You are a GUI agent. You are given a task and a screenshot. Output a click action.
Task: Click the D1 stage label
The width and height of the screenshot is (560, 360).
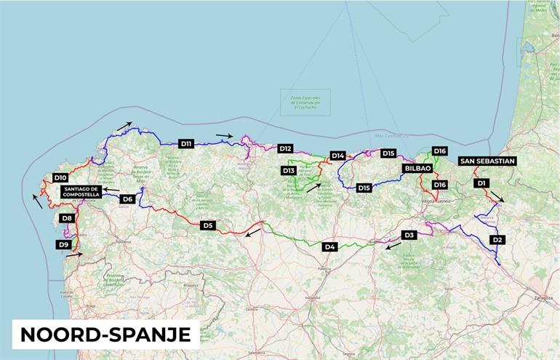(480, 183)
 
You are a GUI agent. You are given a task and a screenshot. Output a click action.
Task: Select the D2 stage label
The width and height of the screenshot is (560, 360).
(497, 239)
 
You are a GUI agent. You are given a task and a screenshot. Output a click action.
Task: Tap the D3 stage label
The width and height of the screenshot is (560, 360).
(409, 235)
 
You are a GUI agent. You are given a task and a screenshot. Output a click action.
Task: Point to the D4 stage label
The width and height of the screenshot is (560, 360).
(330, 247)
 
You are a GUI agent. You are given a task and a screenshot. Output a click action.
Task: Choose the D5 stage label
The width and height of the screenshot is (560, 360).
(208, 225)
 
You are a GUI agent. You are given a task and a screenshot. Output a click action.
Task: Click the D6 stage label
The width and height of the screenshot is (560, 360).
(127, 199)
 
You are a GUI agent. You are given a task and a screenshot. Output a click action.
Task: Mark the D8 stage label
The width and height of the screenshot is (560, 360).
(67, 218)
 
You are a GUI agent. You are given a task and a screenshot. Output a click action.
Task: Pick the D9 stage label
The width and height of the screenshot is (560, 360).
(64, 245)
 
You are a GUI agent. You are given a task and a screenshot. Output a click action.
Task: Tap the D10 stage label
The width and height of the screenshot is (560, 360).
(60, 177)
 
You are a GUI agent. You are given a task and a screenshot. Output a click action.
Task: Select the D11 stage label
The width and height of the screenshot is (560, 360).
(186, 144)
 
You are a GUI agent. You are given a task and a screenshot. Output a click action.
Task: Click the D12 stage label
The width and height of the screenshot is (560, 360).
(285, 148)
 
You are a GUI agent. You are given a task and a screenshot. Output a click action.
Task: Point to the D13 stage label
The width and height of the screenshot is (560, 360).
(289, 170)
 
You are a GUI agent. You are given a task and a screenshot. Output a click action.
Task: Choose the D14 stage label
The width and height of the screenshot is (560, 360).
(337, 156)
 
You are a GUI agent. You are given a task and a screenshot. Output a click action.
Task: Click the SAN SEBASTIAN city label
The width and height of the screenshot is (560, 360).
(487, 161)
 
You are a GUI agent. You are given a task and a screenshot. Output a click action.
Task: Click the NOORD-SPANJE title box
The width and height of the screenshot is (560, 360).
(105, 334)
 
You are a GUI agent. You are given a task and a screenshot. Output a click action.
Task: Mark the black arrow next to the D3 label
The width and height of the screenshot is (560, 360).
(393, 247)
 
